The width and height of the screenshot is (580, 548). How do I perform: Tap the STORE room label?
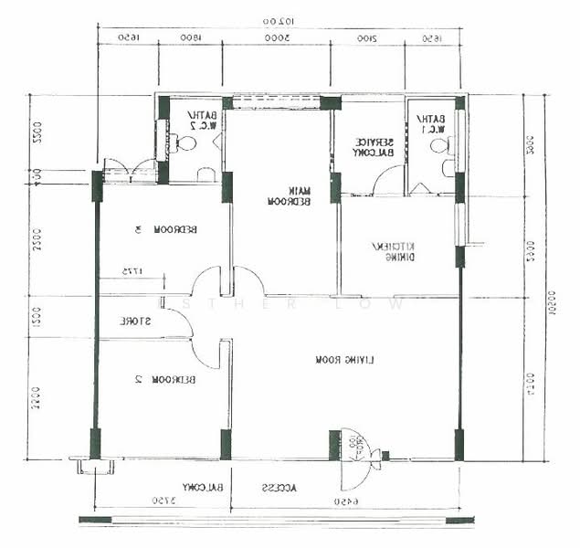135,321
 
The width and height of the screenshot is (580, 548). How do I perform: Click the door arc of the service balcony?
387,182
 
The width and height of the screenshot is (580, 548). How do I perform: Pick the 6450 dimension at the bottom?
345,501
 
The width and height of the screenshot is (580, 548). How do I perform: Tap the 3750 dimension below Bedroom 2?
162,501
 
